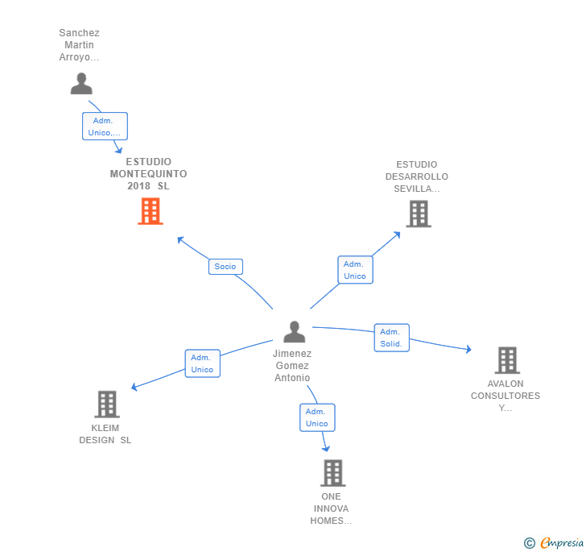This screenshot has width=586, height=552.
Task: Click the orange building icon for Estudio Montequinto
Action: coord(151,211)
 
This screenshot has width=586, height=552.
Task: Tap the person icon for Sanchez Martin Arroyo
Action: coord(81,83)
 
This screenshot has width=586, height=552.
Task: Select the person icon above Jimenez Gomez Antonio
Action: coord(295,331)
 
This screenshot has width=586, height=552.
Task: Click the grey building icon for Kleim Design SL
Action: coord(106,404)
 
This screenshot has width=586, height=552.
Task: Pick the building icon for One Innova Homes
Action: coord(332,473)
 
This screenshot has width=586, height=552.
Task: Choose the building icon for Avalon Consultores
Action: coord(506,360)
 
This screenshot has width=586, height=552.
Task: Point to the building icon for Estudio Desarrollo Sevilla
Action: coord(418,214)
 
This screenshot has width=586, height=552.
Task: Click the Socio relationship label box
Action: coord(225,266)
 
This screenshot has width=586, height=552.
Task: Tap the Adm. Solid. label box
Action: coord(391,338)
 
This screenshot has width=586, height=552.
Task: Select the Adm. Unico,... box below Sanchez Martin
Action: coord(105,127)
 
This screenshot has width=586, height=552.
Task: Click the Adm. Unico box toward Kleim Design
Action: coord(202,363)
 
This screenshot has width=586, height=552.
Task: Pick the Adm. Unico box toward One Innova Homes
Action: coord(317,417)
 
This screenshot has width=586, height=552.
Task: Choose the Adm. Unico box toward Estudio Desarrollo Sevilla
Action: coord(355,270)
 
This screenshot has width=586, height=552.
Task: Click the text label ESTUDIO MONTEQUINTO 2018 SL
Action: coord(149,174)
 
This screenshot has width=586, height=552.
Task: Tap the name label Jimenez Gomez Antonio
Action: coord(292,366)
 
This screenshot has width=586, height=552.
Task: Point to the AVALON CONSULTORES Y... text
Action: coord(506,396)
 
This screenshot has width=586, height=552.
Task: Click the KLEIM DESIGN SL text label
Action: coord(105,434)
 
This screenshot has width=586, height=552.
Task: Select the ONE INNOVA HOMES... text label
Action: coord(331,508)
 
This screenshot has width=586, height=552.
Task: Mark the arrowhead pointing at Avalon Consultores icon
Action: coord(468,350)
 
